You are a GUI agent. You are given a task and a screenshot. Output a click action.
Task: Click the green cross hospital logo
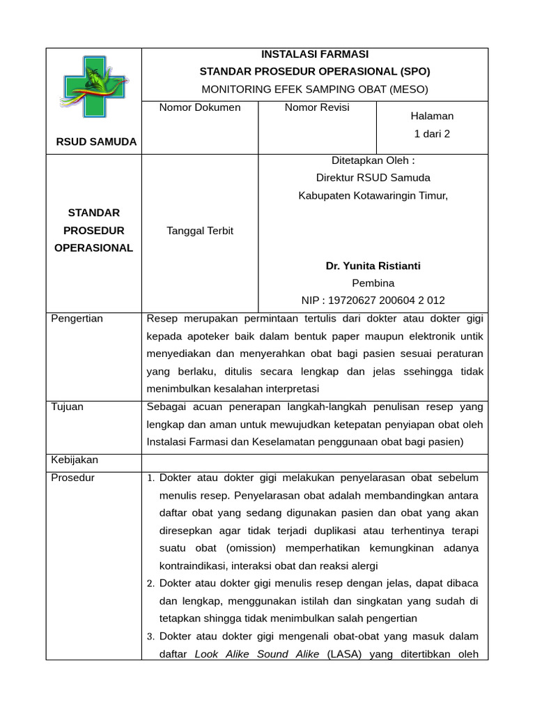coord(95,86)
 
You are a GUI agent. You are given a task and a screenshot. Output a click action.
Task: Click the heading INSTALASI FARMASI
coord(315,54)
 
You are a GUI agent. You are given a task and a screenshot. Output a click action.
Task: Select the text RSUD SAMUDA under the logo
coord(96,142)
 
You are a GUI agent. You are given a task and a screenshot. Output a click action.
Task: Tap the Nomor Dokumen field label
coord(200,107)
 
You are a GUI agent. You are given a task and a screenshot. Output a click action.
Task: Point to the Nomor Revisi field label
coord(317,107)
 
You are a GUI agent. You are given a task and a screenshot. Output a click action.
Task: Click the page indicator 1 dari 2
coord(432,134)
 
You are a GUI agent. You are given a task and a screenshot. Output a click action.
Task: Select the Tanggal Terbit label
coord(200,231)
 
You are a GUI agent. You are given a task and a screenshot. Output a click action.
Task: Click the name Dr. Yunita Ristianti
coord(373,266)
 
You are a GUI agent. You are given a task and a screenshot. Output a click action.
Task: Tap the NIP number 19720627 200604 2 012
coord(373,301)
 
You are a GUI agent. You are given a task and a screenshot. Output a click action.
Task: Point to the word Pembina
coord(373,283)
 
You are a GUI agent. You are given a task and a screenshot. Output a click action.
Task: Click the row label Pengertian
coord(77,319)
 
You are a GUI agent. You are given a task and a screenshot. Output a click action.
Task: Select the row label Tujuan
coord(68,407)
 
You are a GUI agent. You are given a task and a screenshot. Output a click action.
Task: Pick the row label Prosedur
coord(73,478)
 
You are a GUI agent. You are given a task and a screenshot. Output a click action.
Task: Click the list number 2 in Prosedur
coord(151,584)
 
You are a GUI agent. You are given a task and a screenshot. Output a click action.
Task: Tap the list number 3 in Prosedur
coord(151,637)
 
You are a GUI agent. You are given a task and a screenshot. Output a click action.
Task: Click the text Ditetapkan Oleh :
coord(373,160)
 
